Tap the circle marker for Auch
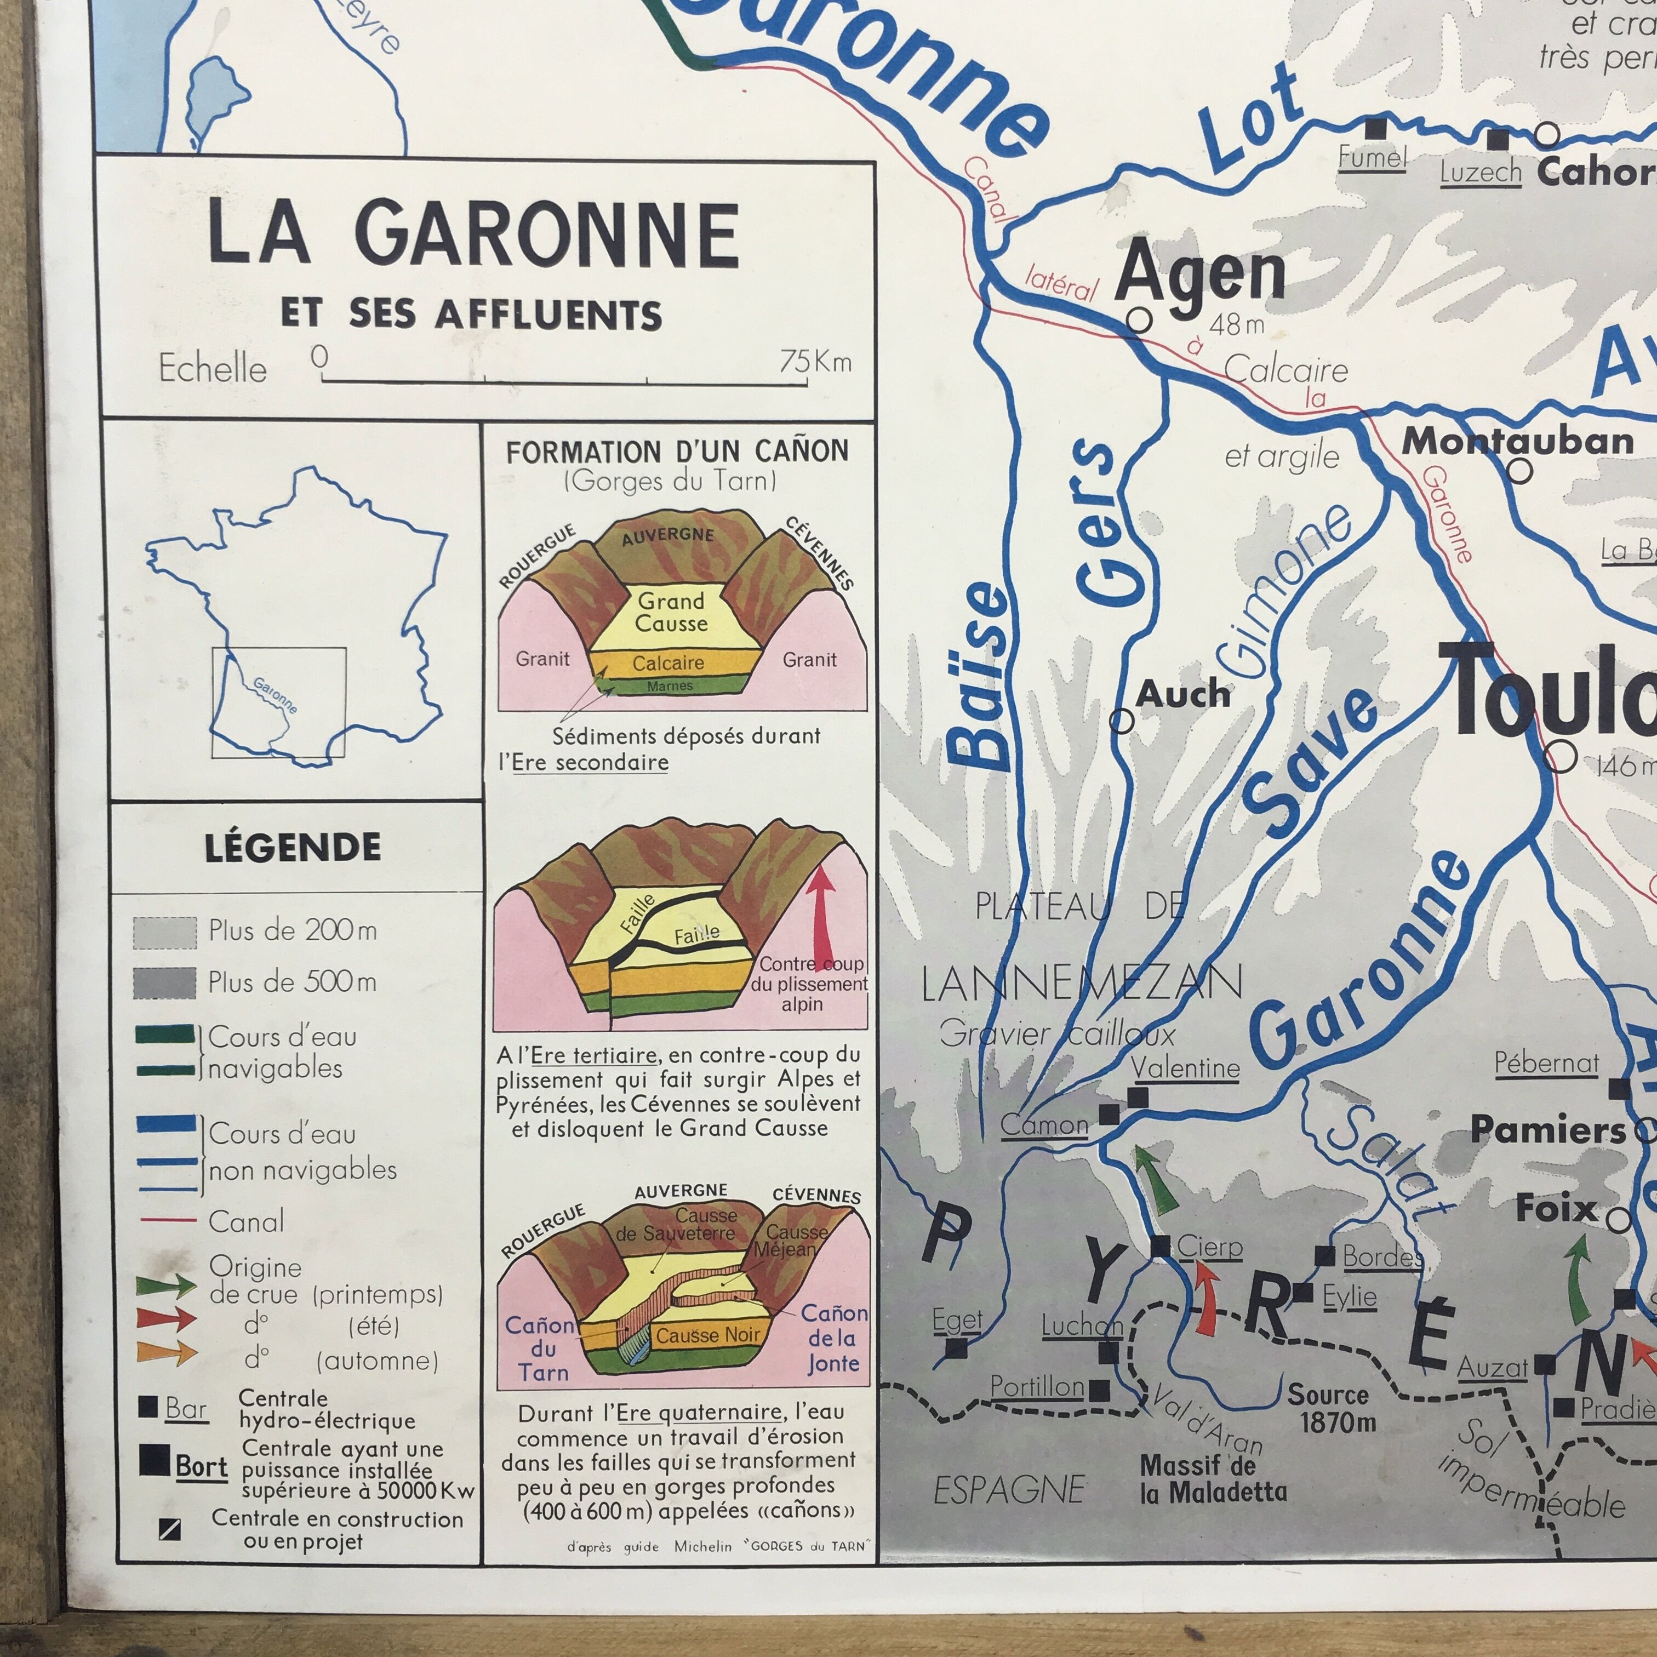(1122, 721)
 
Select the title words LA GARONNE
(473, 234)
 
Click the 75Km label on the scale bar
(815, 361)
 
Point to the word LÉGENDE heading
(293, 847)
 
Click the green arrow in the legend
(165, 1284)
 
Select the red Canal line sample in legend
(167, 1220)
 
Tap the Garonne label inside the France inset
(275, 695)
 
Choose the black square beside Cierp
(1159, 1246)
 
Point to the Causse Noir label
(707, 1335)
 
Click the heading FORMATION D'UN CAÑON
(677, 451)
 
